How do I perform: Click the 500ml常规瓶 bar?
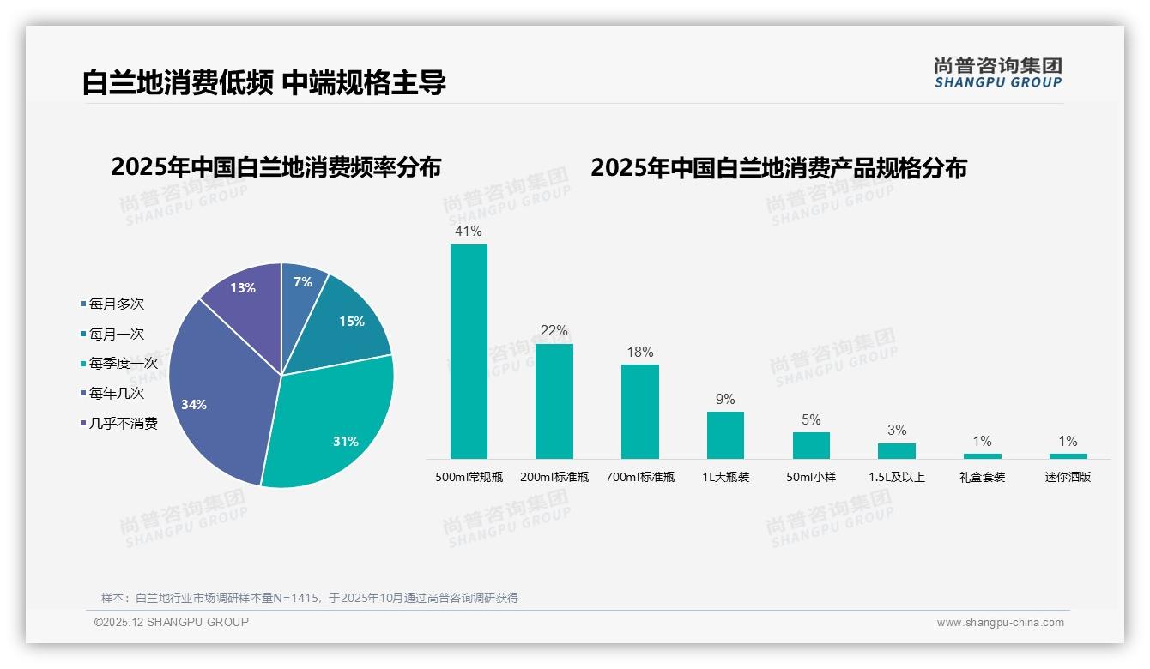pyautogui.click(x=469, y=352)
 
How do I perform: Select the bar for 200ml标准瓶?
pyautogui.click(x=554, y=401)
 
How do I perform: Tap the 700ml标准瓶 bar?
pyautogui.click(x=640, y=412)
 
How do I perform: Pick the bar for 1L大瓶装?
pyautogui.click(x=725, y=435)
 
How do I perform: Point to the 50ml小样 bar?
pyautogui.click(x=811, y=445)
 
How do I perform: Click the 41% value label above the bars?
pyautogui.click(x=469, y=232)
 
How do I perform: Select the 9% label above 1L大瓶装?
pyautogui.click(x=725, y=400)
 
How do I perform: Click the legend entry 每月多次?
pyautogui.click(x=116, y=304)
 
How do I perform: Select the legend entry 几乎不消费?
pyautogui.click(x=123, y=424)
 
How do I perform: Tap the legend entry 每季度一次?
pyautogui.click(x=123, y=364)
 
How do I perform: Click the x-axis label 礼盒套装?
pyautogui.click(x=982, y=477)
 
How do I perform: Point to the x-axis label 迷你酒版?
pyautogui.click(x=1068, y=477)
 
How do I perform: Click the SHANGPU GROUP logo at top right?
pyautogui.click(x=998, y=73)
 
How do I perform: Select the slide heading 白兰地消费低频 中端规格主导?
pyautogui.click(x=264, y=83)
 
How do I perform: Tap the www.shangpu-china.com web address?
pyautogui.click(x=1000, y=623)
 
